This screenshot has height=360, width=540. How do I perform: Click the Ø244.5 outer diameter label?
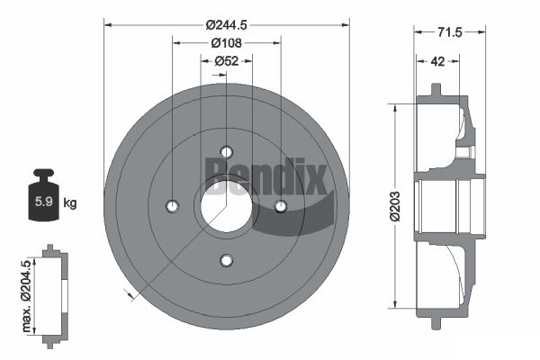227,25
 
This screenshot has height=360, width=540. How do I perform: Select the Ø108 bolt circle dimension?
227,43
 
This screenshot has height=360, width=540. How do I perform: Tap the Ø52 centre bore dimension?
227,61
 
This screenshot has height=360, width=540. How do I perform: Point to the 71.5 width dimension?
450,32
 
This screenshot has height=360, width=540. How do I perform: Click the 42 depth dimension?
437,61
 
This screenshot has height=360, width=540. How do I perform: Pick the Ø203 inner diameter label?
395,206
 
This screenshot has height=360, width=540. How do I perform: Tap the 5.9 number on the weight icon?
44,202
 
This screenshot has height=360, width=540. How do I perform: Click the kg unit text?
70,202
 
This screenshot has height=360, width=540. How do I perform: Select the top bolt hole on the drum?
226,151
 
